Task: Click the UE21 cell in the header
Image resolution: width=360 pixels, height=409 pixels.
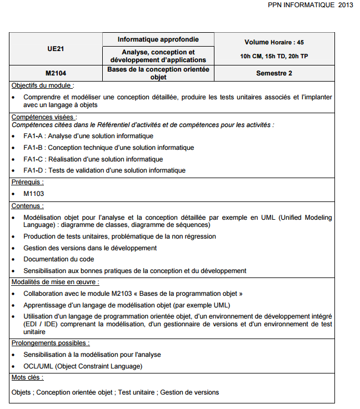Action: pos(56,48)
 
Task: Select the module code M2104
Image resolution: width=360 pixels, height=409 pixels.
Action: pos(56,73)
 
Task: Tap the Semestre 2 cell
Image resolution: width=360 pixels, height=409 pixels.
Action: pos(274,73)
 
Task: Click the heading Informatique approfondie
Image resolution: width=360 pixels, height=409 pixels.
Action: pos(158,39)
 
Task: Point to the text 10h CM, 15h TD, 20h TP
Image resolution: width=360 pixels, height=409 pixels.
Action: pos(274,56)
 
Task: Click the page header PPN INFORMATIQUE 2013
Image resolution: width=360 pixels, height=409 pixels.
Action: pos(310,5)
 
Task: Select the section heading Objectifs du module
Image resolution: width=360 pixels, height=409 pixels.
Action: pos(42,85)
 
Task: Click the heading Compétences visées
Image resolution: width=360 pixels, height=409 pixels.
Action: pos(44,117)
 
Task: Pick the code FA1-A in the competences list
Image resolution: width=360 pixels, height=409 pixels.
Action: pos(33,136)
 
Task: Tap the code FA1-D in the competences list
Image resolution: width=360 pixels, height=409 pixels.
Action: pos(33,170)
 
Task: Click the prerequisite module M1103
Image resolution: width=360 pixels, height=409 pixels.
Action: pos(33,194)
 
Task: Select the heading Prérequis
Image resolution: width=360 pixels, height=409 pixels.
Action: pos(27,182)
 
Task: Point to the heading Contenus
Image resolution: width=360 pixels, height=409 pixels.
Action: pos(28,206)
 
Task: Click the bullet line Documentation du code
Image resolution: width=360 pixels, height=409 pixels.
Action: pos(58,259)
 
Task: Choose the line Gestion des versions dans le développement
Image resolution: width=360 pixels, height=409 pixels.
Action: pos(90,248)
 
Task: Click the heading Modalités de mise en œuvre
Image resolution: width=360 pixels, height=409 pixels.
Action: pos(55,282)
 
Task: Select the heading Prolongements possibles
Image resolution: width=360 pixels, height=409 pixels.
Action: pos(51,343)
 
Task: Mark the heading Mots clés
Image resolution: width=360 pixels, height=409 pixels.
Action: pos(27,377)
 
